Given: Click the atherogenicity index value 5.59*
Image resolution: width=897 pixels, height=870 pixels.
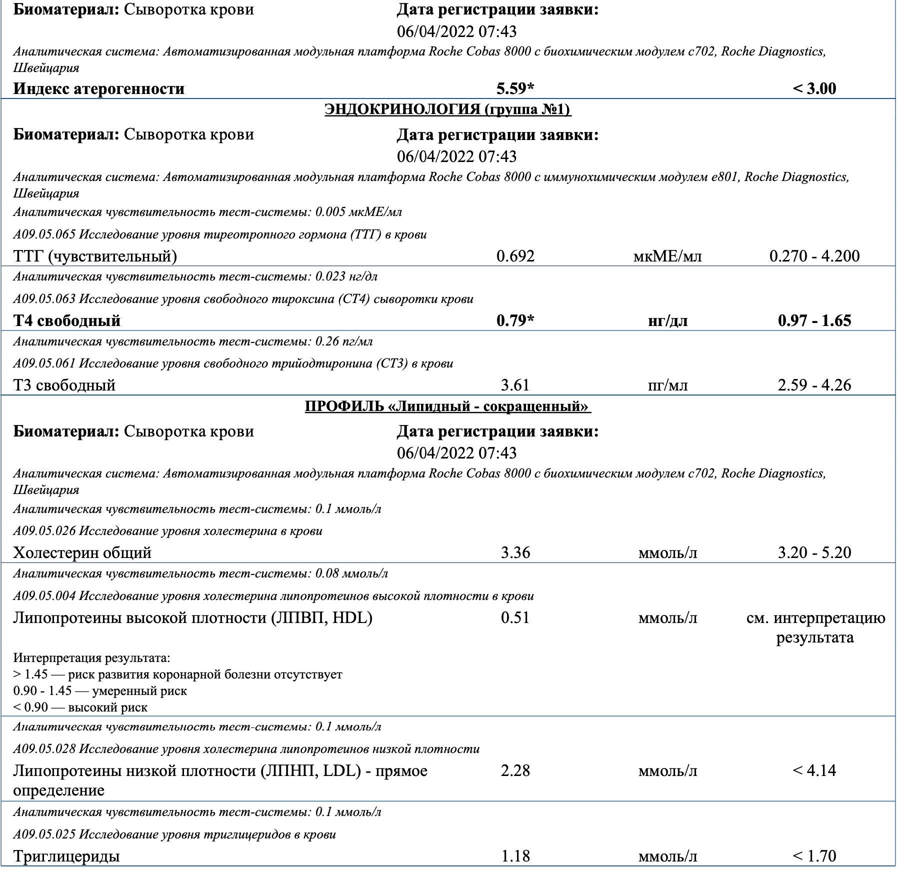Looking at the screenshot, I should point(515,88).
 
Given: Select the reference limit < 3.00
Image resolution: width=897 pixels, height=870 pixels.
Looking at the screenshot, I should point(814,88).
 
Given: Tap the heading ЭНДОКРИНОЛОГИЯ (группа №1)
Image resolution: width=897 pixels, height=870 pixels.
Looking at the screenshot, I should point(447,109).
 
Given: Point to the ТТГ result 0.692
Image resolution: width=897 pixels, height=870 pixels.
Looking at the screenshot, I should point(515,256).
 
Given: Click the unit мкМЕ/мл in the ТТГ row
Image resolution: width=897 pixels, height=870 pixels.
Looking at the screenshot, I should point(667,256).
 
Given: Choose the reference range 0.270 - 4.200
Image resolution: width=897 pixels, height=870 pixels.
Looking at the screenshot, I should point(814,256).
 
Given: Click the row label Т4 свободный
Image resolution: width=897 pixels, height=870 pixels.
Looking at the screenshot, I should point(67,320).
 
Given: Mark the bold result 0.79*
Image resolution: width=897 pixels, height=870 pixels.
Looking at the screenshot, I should point(515,320).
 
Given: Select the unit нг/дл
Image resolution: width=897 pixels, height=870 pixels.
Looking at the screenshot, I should point(667,320).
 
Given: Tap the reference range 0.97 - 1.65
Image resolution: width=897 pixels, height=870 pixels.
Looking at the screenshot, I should point(814,320).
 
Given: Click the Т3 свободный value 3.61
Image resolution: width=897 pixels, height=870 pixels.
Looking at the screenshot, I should point(515,385).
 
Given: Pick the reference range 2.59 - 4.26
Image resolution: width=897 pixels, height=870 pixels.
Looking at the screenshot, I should point(814,385).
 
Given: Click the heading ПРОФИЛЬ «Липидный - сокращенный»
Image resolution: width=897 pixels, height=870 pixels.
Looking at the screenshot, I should point(447,406).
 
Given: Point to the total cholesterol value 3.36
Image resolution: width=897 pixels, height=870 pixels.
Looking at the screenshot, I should point(515,552).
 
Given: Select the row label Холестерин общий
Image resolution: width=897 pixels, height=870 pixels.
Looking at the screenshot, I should point(82,552).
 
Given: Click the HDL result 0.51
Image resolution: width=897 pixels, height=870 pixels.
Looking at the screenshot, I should point(515,617).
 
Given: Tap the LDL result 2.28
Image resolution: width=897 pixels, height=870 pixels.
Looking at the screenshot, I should point(515,770).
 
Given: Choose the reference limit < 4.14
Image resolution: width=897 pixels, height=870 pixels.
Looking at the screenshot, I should point(814,770).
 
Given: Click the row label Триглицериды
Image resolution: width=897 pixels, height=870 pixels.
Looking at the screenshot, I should point(66,856).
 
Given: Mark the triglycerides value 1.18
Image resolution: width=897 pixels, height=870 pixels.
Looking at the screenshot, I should point(515,856).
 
